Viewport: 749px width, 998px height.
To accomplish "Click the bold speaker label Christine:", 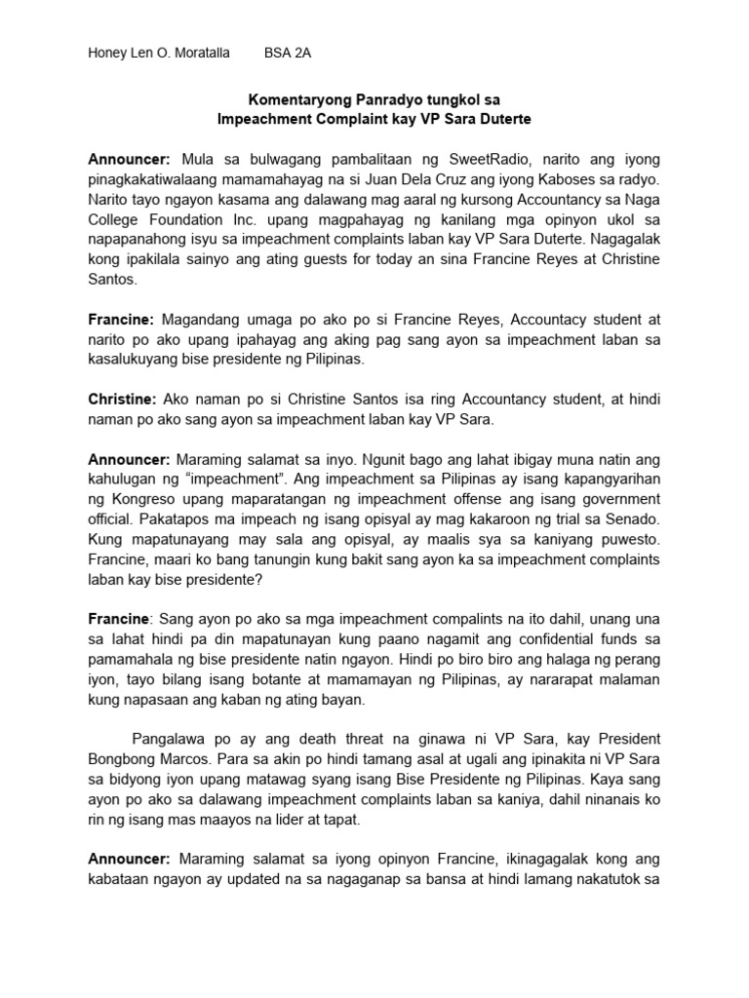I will [122, 400].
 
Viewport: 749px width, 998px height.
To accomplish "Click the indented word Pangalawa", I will [167, 740].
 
